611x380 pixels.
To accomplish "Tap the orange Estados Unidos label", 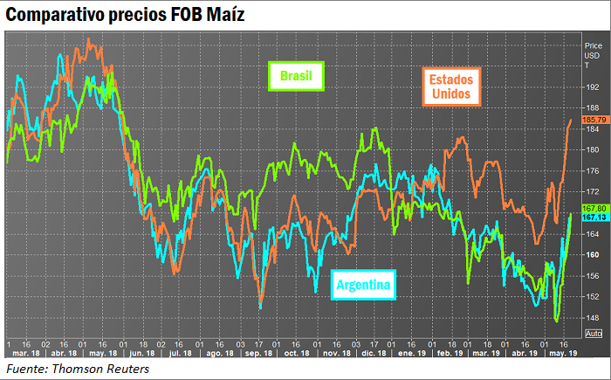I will click(x=450, y=86).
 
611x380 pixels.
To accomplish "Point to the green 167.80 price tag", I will click(x=594, y=208).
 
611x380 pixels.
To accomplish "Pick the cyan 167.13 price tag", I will click(x=594, y=217).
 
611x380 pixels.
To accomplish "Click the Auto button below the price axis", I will click(x=593, y=335).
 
